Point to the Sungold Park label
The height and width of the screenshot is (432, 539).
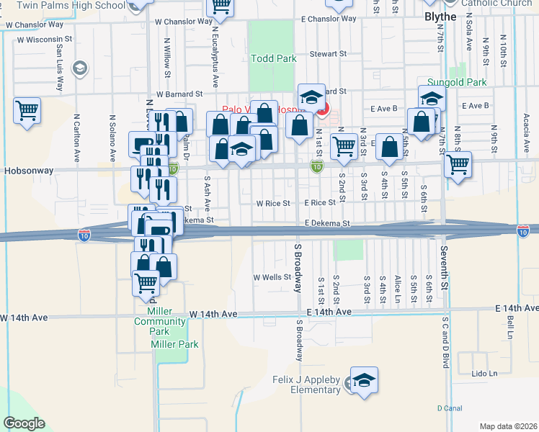tap(457, 83)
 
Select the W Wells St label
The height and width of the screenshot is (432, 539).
tap(272, 277)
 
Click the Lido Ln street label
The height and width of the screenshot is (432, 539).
tap(484, 374)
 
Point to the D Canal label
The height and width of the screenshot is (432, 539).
tap(449, 408)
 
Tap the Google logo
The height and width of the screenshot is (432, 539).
tap(24, 423)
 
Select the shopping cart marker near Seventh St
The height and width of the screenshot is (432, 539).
tap(458, 164)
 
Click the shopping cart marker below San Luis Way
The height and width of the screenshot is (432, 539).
tap(27, 111)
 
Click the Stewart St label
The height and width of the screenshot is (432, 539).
tap(328, 54)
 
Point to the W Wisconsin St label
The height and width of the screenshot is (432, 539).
tap(44, 39)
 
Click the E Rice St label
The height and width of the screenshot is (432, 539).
tap(320, 203)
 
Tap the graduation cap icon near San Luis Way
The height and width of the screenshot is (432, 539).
tap(79, 69)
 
